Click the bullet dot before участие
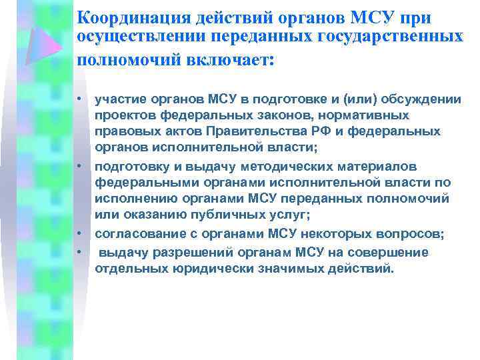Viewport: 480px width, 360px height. pyautogui.click(x=78, y=99)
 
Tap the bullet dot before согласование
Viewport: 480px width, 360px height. pyautogui.click(x=78, y=233)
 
